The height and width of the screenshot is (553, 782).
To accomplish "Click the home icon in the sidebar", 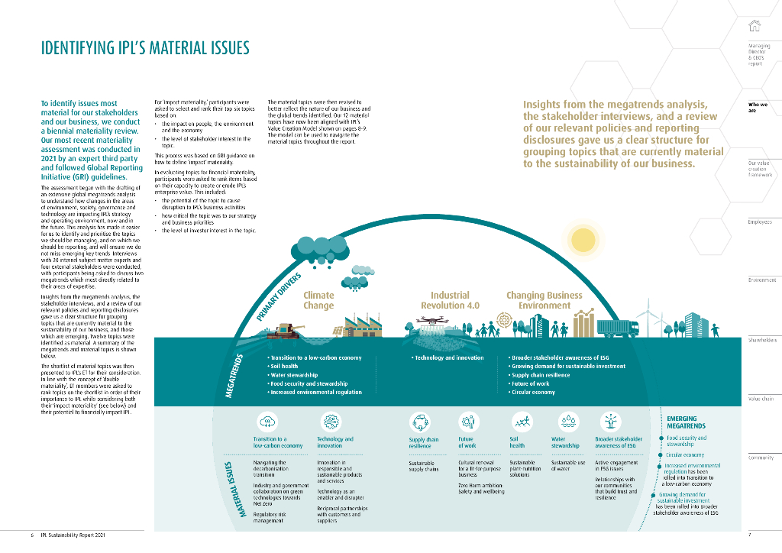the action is click(x=755, y=25).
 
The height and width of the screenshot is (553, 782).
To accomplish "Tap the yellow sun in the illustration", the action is click(x=584, y=239).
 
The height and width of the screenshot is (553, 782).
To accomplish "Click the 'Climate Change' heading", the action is click(x=318, y=300).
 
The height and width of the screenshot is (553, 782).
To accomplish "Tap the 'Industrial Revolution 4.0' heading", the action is click(x=450, y=300).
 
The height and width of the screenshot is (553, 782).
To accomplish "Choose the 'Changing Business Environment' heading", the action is click(x=544, y=300).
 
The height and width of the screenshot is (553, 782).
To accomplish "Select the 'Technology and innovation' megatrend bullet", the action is click(x=449, y=357).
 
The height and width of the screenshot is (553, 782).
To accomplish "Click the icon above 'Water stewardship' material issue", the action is click(x=570, y=422).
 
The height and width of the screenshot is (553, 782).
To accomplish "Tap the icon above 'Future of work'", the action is click(x=467, y=422).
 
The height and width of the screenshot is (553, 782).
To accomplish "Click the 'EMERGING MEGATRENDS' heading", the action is click(x=686, y=423).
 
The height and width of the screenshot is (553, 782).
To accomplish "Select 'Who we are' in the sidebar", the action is click(x=758, y=107).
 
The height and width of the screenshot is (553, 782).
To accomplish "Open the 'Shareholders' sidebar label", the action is click(x=761, y=340).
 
